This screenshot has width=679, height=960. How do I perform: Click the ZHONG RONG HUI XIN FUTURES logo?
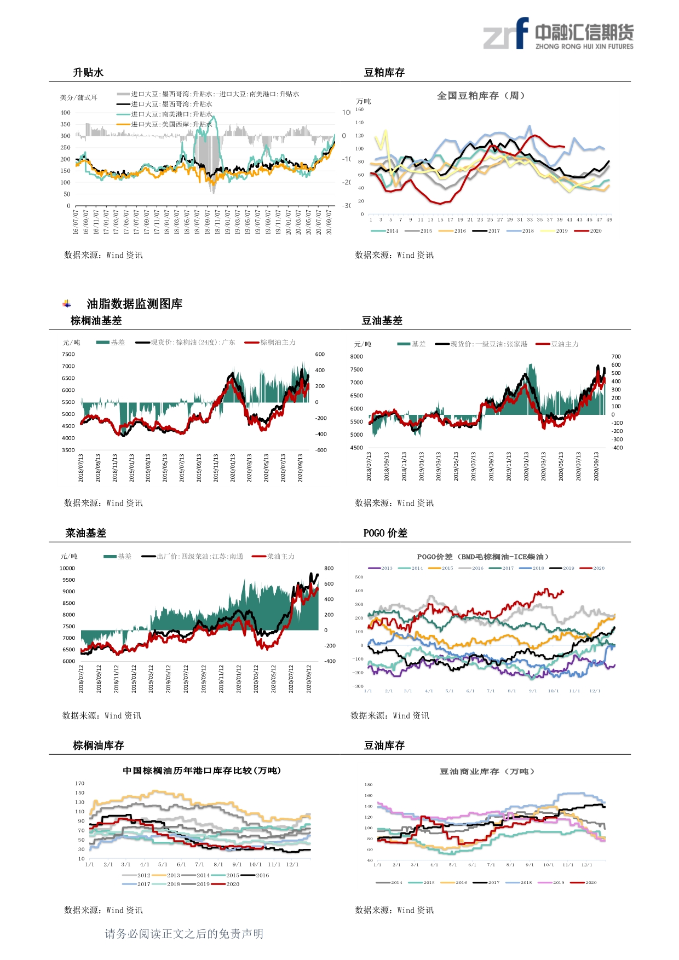(559, 34)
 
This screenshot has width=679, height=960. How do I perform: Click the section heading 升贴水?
(88, 73)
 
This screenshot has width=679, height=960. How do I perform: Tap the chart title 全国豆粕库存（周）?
(481, 96)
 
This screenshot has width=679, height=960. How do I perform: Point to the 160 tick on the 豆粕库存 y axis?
(360, 109)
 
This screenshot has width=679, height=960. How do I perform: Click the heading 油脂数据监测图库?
(134, 304)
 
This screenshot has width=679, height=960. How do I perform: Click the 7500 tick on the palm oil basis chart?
(68, 354)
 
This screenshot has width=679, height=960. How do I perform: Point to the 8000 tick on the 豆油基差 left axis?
(356, 356)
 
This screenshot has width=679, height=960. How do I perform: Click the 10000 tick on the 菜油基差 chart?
(67, 568)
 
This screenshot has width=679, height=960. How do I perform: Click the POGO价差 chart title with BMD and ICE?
(482, 557)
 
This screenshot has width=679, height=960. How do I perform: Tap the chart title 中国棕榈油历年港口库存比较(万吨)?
(202, 771)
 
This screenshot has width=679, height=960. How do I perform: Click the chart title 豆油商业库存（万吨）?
(487, 772)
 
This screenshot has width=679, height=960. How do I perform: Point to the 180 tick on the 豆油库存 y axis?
(369, 785)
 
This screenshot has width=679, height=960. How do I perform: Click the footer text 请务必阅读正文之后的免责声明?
(184, 934)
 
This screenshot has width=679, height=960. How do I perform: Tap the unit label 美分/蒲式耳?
(79, 98)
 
